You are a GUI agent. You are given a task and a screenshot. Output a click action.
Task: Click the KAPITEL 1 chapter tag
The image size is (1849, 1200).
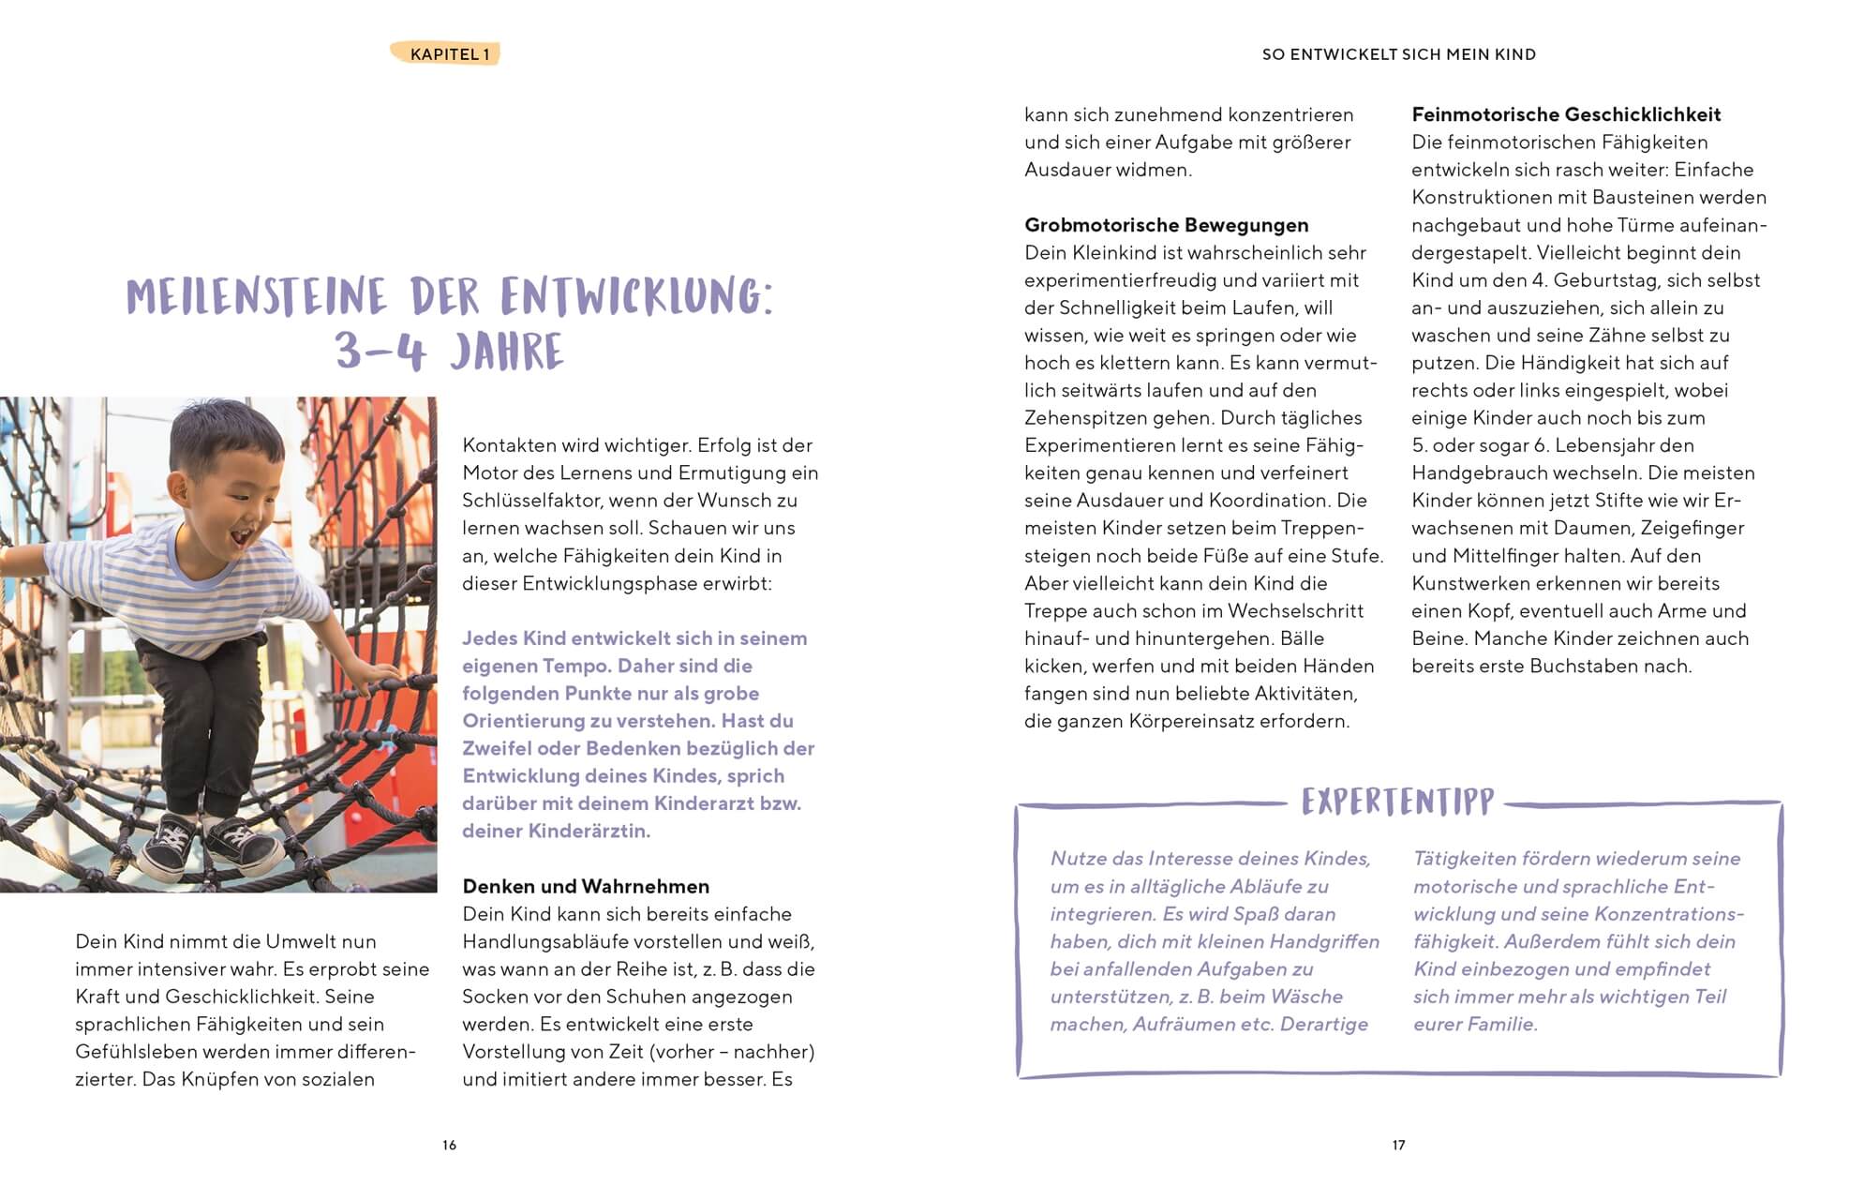[449, 54]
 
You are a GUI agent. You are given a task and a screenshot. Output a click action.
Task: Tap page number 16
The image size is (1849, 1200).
[449, 1145]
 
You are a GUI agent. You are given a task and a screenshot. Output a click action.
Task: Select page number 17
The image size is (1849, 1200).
[1398, 1145]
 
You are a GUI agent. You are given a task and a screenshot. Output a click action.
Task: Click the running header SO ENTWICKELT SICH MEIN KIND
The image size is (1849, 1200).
[1398, 54]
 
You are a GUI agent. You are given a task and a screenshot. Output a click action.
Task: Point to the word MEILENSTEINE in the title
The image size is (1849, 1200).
[256, 296]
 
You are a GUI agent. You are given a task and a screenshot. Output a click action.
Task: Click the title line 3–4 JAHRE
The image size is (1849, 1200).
[450, 352]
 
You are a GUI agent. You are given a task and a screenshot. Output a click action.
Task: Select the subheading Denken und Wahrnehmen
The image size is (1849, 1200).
[586, 886]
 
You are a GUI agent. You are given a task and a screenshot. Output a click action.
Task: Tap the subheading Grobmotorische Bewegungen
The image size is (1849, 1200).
[1166, 225]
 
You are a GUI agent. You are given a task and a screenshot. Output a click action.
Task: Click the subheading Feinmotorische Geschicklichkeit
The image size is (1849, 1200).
[1566, 114]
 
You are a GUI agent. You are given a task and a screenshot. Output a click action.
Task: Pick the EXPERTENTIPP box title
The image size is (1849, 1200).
[1397, 802]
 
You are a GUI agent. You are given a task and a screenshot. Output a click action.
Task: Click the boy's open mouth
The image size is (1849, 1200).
[241, 538]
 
